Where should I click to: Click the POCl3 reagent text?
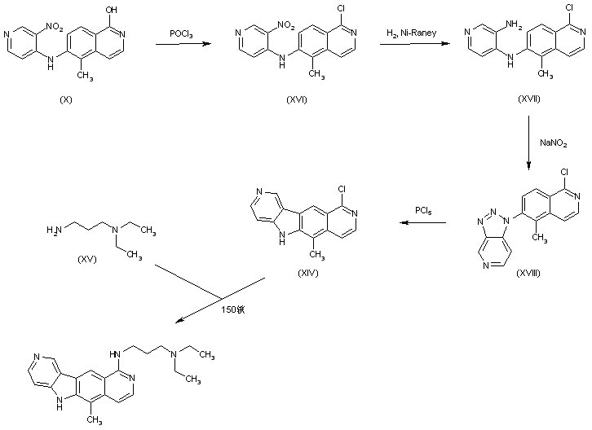tap(180, 33)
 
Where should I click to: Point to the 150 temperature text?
tap(232, 309)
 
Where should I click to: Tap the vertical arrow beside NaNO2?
tap(529, 143)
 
